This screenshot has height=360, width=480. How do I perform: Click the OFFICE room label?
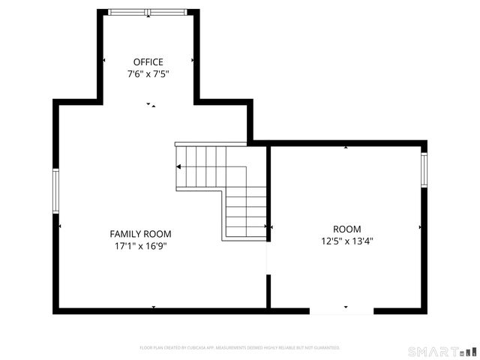[x=148, y=62]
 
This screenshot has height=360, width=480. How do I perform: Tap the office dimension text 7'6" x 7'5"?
[x=148, y=74]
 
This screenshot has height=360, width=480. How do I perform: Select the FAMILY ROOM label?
[x=140, y=234]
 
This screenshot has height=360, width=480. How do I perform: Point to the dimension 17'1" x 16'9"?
[x=140, y=246]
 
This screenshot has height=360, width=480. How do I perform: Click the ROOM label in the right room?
[x=346, y=229]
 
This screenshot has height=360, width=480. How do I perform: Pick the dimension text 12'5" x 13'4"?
[x=346, y=241]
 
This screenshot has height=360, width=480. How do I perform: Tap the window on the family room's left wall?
[x=55, y=190]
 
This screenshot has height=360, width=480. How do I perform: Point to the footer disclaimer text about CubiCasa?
[x=240, y=348]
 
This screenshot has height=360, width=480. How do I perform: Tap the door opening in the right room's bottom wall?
[x=341, y=310]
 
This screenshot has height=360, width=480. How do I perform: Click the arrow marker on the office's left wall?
[x=103, y=60]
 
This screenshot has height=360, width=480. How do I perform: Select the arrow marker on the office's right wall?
[x=193, y=60]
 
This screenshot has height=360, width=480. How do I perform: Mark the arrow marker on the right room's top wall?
[x=346, y=147]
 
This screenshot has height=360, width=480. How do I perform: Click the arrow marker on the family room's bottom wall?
[x=154, y=307]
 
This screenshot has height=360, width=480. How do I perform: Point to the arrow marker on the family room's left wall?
[x=60, y=226]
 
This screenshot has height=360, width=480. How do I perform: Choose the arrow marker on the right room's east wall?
[x=420, y=226]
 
